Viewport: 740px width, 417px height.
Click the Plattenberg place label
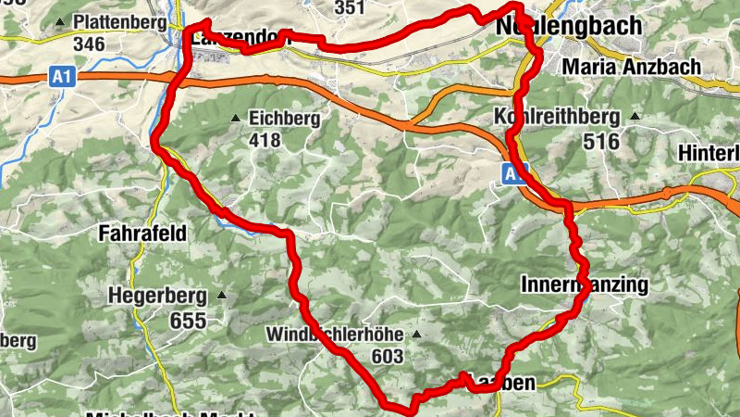[119, 20]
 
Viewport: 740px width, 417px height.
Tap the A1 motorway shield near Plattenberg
[62, 79]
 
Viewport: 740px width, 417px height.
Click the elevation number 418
[265, 140]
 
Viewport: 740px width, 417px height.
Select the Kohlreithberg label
[557, 118]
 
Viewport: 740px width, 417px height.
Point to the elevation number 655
[188, 321]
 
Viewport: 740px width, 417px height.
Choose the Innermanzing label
[585, 284]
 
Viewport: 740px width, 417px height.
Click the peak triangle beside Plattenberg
[60, 20]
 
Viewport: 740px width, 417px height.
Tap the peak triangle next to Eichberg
[236, 119]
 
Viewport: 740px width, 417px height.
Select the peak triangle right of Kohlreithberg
[635, 117]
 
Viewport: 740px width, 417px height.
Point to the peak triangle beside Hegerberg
[221, 297]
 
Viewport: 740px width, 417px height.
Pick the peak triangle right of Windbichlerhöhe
[417, 334]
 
